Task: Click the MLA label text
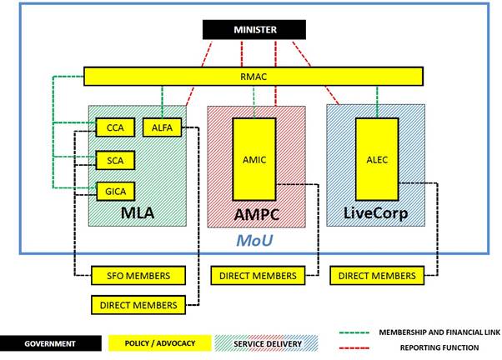[x=138, y=213]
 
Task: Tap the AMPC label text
[x=256, y=214]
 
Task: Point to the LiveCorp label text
[x=375, y=213]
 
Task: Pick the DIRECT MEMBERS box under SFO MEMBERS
[x=138, y=305]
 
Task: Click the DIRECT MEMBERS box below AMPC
[x=258, y=275]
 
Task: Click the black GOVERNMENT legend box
[x=49, y=343]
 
